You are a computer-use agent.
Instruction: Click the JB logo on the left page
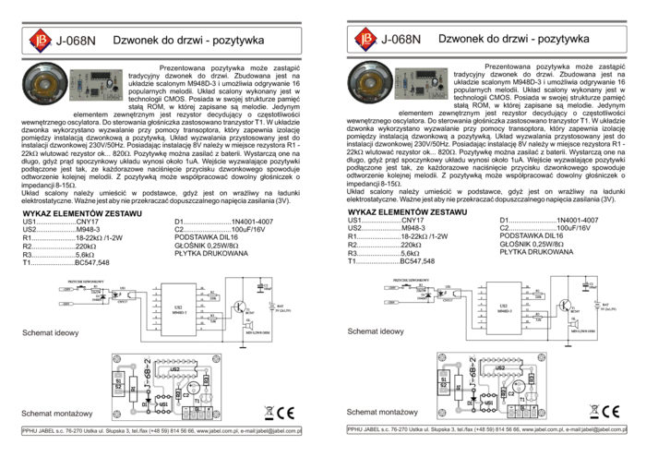coord(39,40)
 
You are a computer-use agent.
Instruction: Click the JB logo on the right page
coord(365,40)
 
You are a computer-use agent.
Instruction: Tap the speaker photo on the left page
coord(44,84)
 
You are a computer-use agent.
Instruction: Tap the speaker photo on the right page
coord(370,84)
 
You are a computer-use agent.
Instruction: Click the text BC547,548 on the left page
coord(92,262)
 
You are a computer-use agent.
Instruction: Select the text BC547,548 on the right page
coord(418,262)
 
